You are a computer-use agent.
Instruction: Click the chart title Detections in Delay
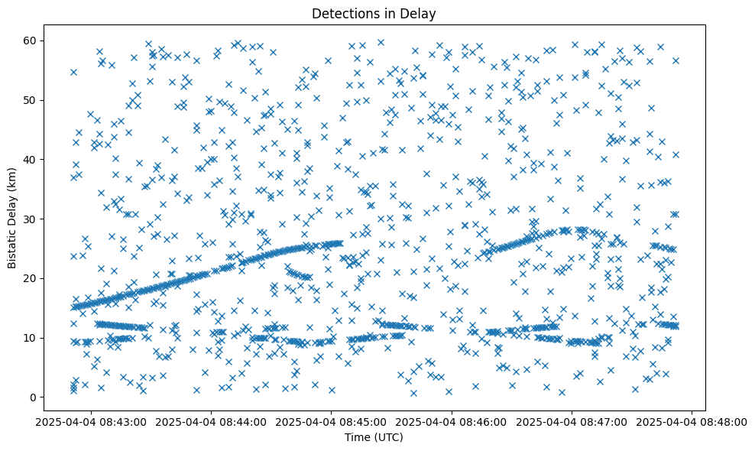374,13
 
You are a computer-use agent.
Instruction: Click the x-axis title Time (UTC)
374,437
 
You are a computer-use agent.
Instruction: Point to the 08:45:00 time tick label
332,422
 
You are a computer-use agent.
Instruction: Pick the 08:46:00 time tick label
452,422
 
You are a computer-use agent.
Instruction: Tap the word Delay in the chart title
420,13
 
